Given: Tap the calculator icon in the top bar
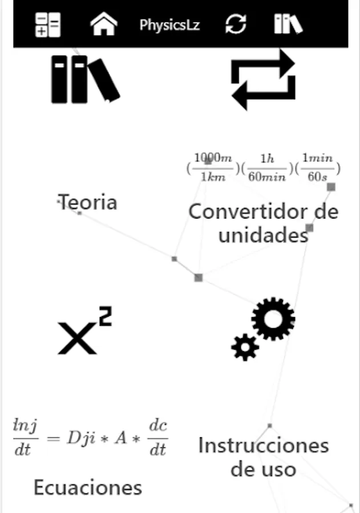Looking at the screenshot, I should click(x=48, y=25).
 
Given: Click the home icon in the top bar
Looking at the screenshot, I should click(x=104, y=25).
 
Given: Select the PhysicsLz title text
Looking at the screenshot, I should click(x=169, y=25).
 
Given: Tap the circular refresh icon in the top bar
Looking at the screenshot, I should click(x=236, y=25).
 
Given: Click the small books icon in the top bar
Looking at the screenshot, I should click(x=288, y=25).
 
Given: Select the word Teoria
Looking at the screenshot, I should click(x=88, y=202).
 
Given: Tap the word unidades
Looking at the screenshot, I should click(x=263, y=235).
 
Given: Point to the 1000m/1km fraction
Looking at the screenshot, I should click(x=213, y=167).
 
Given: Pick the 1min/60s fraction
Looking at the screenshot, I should click(x=317, y=167).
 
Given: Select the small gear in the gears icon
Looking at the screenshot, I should click(x=245, y=347).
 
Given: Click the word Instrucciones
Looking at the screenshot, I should click(x=263, y=445).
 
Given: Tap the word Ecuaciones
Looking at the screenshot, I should click(x=87, y=487).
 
